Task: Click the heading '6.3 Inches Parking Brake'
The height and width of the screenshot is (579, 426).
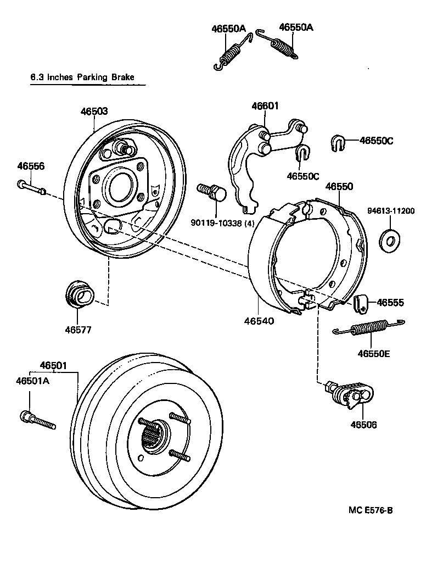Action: pos(82,77)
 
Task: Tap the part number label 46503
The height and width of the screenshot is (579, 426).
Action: pos(94,111)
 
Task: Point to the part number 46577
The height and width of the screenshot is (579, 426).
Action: pos(78,330)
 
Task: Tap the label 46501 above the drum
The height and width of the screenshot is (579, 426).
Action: pos(53,365)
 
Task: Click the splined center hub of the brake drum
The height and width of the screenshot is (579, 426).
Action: pos(153,436)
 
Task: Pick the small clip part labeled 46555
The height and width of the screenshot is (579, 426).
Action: pos(360,302)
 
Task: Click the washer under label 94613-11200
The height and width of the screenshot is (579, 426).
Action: pos(390,238)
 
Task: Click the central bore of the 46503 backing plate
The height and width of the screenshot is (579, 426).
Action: pos(120,188)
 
